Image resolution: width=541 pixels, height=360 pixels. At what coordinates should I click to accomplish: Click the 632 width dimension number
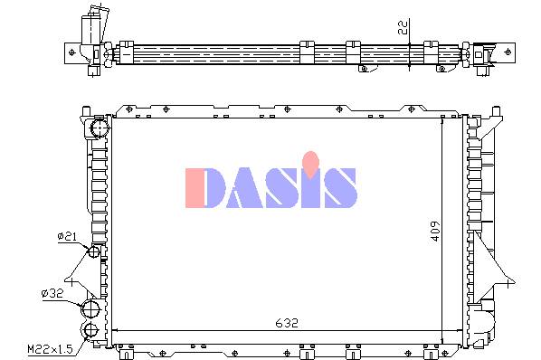[x=287, y=323]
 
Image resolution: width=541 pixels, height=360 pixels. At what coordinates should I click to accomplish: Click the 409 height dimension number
[x=436, y=231]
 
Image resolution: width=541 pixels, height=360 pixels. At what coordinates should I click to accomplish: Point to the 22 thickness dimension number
[x=403, y=27]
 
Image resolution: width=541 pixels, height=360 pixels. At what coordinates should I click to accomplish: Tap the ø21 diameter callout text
[x=67, y=237]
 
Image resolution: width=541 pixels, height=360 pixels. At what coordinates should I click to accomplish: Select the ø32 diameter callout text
[x=52, y=293]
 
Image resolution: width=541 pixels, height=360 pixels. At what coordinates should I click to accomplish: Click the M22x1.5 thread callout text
[x=51, y=349]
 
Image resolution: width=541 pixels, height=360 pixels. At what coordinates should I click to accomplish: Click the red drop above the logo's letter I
[x=310, y=165]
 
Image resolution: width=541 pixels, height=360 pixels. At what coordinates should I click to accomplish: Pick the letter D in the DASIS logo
[x=214, y=188]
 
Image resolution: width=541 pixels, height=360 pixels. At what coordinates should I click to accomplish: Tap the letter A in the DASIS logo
[x=245, y=188]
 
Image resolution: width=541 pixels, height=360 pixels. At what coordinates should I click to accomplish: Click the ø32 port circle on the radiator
[x=90, y=309]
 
